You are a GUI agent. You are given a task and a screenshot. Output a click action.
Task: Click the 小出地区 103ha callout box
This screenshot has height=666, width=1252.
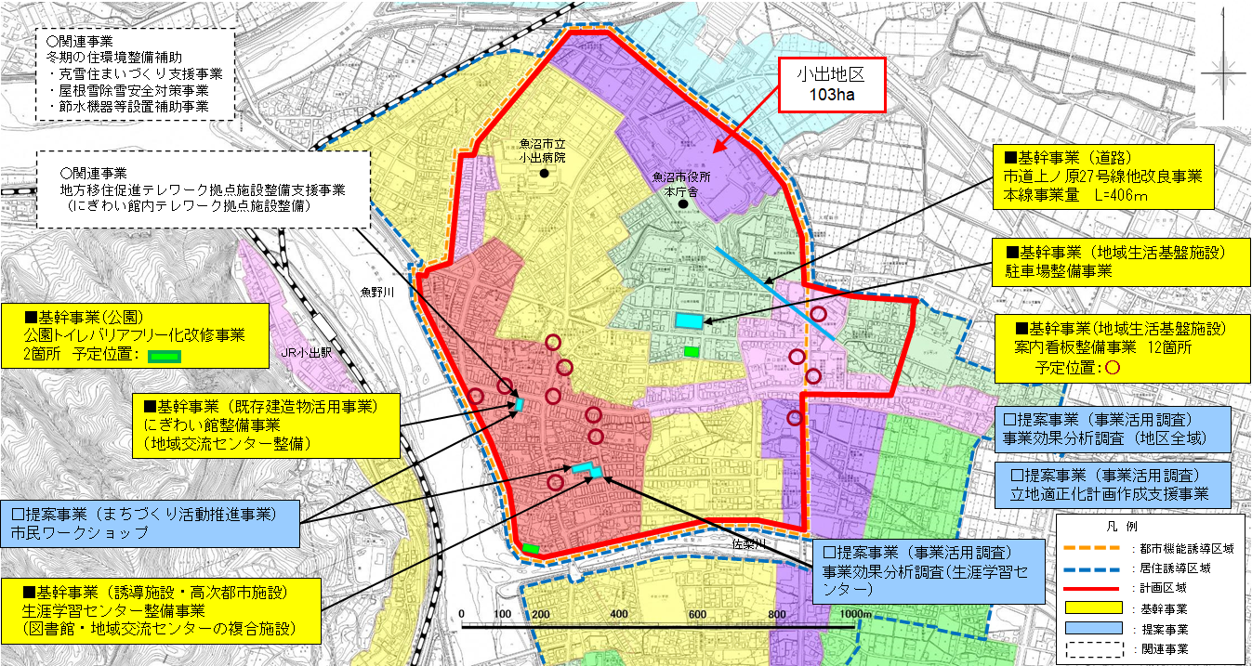(x=831, y=85)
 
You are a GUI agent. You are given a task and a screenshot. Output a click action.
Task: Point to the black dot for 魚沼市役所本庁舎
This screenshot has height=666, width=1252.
(x=684, y=203)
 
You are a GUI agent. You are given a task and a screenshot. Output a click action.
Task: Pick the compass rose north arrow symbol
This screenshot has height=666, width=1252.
(x=1227, y=72)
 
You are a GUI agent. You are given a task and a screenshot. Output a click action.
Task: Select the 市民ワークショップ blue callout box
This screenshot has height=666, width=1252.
(x=151, y=524)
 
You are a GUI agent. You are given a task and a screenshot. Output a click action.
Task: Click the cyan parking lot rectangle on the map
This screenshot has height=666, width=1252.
(x=689, y=320)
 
